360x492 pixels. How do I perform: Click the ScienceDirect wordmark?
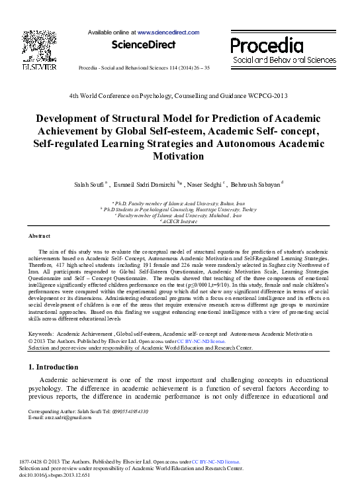point(144,44)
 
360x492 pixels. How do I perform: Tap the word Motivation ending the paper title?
point(179,156)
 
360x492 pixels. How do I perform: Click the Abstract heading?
point(39,236)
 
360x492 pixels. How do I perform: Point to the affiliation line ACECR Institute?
point(179,221)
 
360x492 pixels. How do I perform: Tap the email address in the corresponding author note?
point(60,418)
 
